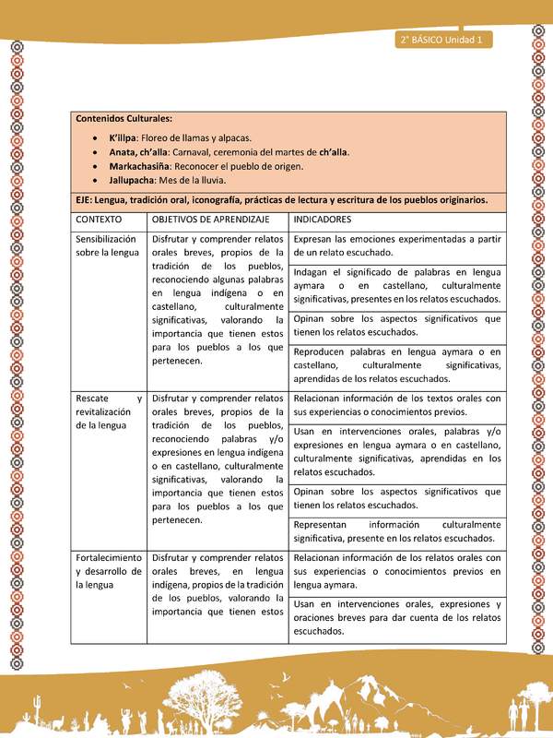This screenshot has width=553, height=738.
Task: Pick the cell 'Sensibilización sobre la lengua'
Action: (x=108, y=245)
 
